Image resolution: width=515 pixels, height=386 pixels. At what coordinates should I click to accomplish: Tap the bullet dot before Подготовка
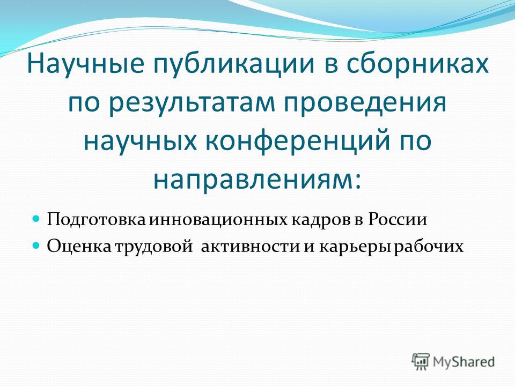pyautogui.click(x=36, y=218)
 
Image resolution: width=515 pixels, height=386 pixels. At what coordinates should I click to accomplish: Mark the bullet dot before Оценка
pyautogui.click(x=36, y=245)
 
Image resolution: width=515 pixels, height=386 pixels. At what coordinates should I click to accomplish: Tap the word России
pyautogui.click(x=397, y=219)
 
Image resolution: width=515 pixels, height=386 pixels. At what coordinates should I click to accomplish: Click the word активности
pyautogui.click(x=250, y=247)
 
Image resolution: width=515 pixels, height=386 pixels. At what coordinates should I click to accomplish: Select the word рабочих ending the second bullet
pyautogui.click(x=429, y=247)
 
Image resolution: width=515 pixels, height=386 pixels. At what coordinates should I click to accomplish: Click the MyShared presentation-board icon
pyautogui.click(x=421, y=362)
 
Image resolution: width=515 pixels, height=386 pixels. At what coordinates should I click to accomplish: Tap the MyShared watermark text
pyautogui.click(x=464, y=362)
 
